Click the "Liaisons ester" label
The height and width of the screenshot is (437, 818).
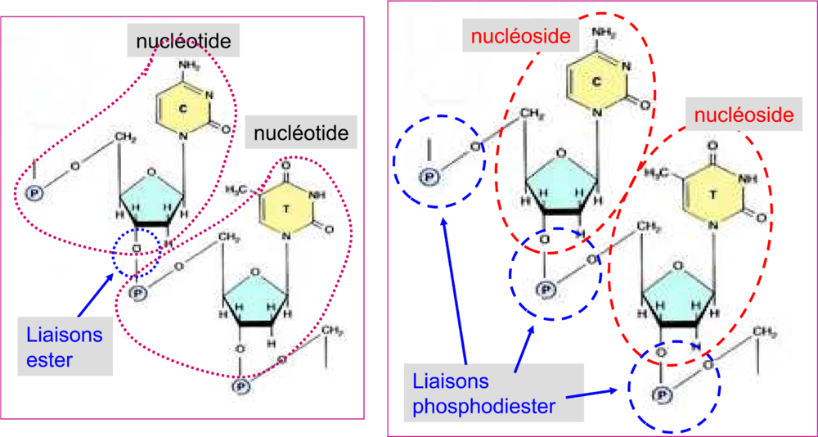click(x=64, y=347)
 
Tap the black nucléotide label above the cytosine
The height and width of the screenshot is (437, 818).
click(x=182, y=40)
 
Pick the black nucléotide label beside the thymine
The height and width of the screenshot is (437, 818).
click(x=301, y=131)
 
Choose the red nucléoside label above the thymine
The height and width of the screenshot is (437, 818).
click(x=743, y=115)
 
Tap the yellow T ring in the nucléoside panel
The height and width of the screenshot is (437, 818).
click(x=713, y=194)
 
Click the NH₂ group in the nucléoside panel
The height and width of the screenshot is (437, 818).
click(x=603, y=34)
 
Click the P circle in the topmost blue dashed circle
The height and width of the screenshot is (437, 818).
click(x=426, y=173)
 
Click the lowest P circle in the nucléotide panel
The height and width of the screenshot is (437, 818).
click(x=240, y=385)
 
